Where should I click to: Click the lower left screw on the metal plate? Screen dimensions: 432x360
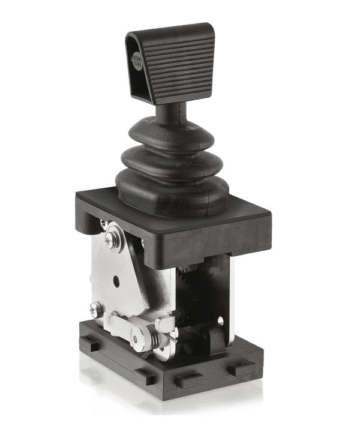click(x=95, y=309)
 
